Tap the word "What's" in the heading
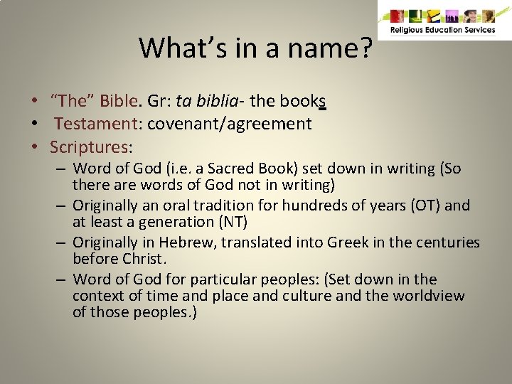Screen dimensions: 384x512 tap(180, 48)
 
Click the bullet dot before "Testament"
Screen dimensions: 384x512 tap(34, 124)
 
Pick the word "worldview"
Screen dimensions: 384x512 tap(429, 296)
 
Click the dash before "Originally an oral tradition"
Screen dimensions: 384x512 tap(62, 206)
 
